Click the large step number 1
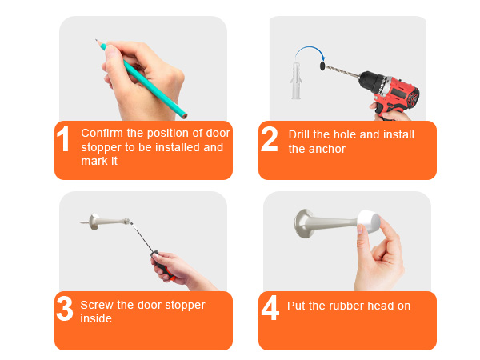(x=63, y=139)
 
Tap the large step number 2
(x=270, y=139)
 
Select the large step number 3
(x=65, y=308)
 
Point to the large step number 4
(x=270, y=308)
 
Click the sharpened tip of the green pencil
(x=96, y=40)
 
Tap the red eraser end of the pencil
(x=185, y=116)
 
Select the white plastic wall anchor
(x=296, y=81)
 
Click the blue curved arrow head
(x=322, y=58)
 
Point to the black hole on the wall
(x=322, y=66)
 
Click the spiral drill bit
(x=342, y=71)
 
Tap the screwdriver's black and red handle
(x=163, y=266)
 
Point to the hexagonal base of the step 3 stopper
(x=94, y=222)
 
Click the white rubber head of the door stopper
(x=369, y=222)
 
